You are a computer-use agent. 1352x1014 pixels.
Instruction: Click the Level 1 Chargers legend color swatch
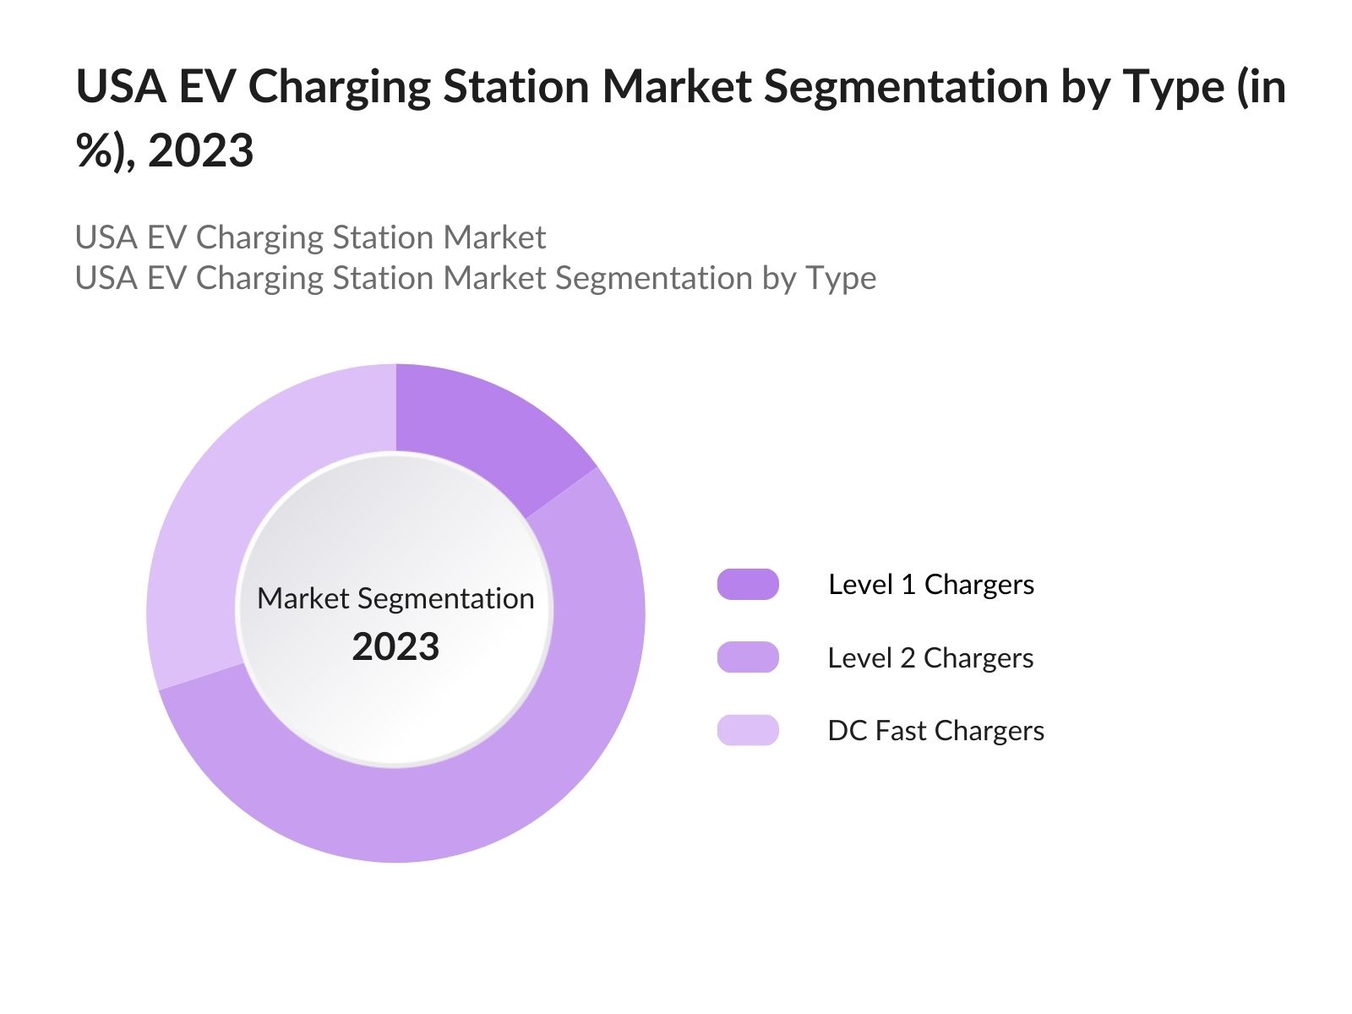pyautogui.click(x=748, y=585)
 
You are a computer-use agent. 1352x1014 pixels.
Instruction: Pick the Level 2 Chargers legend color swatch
pyautogui.click(x=748, y=657)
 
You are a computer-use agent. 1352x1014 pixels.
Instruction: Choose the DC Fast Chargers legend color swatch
pyautogui.click(x=748, y=730)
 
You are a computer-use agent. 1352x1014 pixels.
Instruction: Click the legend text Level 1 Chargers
pyautogui.click(x=931, y=585)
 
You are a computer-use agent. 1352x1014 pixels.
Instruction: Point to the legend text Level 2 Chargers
pyautogui.click(x=930, y=657)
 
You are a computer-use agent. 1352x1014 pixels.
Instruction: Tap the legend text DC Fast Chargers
pyautogui.click(x=935, y=730)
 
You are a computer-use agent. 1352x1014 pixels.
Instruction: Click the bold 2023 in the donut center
pyautogui.click(x=395, y=647)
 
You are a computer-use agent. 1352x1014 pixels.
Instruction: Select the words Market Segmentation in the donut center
pyautogui.click(x=395, y=598)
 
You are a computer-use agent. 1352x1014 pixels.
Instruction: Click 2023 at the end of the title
pyautogui.click(x=200, y=151)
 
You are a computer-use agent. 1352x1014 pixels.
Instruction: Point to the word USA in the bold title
pyautogui.click(x=121, y=87)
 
